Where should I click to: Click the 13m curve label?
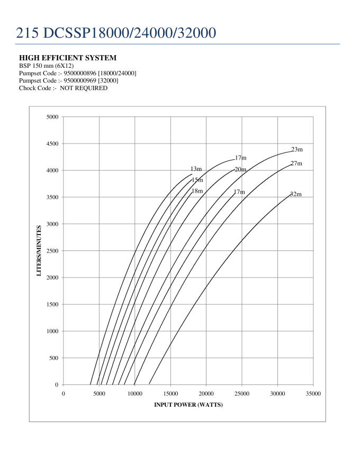[x=196, y=169]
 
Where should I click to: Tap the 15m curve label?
[x=197, y=180]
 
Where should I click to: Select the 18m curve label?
[x=197, y=191]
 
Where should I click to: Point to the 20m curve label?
[x=240, y=169]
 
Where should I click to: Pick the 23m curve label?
[x=296, y=150]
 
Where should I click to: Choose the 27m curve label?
[x=296, y=164]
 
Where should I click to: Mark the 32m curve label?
[x=295, y=194]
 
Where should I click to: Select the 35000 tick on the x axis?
[x=313, y=394]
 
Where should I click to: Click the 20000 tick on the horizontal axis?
[x=206, y=394]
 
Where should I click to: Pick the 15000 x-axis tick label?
[x=170, y=394]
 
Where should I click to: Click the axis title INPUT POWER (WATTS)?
[x=188, y=406]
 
